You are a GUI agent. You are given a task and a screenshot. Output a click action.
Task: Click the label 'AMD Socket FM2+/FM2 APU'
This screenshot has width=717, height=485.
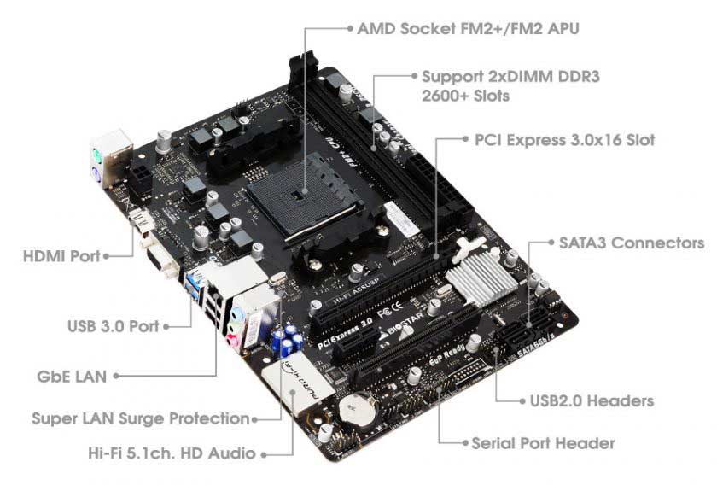click(469, 28)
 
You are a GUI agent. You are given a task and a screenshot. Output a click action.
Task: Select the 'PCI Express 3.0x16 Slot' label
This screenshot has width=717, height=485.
click(564, 139)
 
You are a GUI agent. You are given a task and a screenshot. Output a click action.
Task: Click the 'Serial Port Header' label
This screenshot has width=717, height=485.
click(543, 443)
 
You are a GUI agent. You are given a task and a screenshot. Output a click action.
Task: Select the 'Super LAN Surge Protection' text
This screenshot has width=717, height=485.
click(140, 419)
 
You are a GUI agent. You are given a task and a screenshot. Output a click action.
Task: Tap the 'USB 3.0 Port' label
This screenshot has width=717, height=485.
click(112, 325)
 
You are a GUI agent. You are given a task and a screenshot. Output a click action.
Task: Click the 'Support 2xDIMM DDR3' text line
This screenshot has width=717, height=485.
click(510, 76)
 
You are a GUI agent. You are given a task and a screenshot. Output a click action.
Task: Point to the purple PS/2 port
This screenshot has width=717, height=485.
click(99, 178)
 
